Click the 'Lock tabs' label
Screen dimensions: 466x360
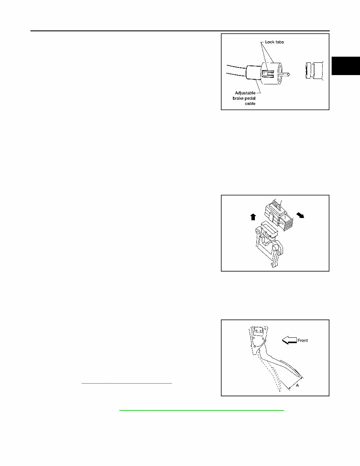[x=275, y=42]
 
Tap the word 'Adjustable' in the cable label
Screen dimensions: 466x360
[x=245, y=93]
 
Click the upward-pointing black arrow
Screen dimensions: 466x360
[x=253, y=217]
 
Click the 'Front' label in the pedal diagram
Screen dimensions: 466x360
[x=303, y=340]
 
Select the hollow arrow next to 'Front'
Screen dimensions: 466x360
[x=289, y=340]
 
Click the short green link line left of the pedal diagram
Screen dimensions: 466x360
[x=127, y=384]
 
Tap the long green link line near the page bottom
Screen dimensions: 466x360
[x=201, y=411]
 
